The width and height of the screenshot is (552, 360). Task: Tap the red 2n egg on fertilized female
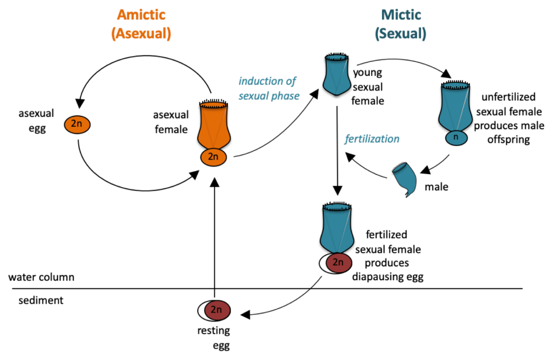[337, 262]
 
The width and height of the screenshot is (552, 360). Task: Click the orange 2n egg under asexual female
[215, 157]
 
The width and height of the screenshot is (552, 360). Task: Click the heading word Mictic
[401, 15]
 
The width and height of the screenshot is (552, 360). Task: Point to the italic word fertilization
[372, 139]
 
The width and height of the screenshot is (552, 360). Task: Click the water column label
[41, 278]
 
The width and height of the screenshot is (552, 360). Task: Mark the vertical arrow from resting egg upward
[215, 237]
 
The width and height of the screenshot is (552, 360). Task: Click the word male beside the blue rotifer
[436, 187]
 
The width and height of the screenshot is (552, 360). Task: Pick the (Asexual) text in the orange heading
[141, 34]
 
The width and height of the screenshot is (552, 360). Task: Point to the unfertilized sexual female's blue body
[456, 108]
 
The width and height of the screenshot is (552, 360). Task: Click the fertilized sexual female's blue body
[337, 229]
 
